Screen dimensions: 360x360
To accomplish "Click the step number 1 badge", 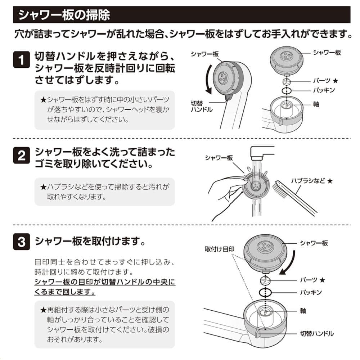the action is pyautogui.click(x=21, y=59).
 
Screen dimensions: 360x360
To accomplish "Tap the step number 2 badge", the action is pyautogui.click(x=21, y=156).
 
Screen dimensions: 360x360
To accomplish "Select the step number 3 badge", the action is pyautogui.click(x=21, y=242).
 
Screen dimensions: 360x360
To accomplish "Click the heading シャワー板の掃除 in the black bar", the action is pyautogui.click(x=64, y=15).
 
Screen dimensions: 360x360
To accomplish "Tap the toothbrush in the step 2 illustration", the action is pyautogui.click(x=295, y=197).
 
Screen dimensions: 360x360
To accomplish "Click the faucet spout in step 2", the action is pyautogui.click(x=261, y=152).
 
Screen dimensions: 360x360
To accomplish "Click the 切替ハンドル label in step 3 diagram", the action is pyautogui.click(x=317, y=334).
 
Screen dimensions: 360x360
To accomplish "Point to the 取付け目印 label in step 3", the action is pyautogui.click(x=220, y=249).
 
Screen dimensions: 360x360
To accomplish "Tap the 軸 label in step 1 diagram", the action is pyautogui.click(x=316, y=104).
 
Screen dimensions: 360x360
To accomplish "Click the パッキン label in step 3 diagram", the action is pyautogui.click(x=311, y=292).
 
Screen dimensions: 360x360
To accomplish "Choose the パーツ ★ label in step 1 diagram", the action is pyautogui.click(x=325, y=81).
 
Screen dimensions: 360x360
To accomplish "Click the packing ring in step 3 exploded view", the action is pyautogui.click(x=265, y=292).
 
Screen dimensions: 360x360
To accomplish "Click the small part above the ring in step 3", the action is pyautogui.click(x=265, y=280).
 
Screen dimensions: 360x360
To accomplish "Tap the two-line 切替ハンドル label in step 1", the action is pyautogui.click(x=202, y=107).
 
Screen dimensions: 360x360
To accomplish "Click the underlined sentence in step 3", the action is pyautogui.click(x=105, y=287).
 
